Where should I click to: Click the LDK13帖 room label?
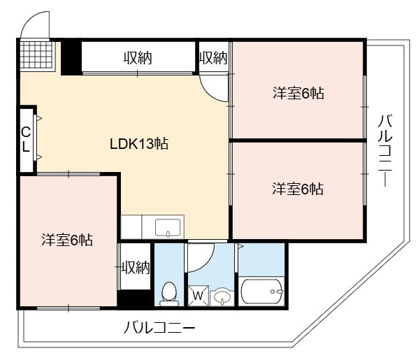tap(139, 144)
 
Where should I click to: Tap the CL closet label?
tap(26, 139)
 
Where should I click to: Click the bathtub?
tap(261, 291)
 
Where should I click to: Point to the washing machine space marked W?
tap(198, 296)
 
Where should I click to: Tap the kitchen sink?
tap(168, 227)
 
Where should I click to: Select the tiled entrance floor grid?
tap(36, 55)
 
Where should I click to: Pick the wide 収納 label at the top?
tap(138, 58)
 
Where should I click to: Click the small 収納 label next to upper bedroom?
tap(213, 58)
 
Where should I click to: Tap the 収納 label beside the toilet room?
tap(136, 267)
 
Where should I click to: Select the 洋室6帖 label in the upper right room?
tap(298, 93)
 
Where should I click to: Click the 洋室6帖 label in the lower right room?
tap(298, 189)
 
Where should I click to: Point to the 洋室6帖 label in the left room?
tap(67, 240)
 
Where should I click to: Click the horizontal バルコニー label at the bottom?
tap(159, 328)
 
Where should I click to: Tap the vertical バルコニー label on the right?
tap(385, 150)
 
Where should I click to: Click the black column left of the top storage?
tap(71, 58)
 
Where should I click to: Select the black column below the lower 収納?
tap(136, 298)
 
